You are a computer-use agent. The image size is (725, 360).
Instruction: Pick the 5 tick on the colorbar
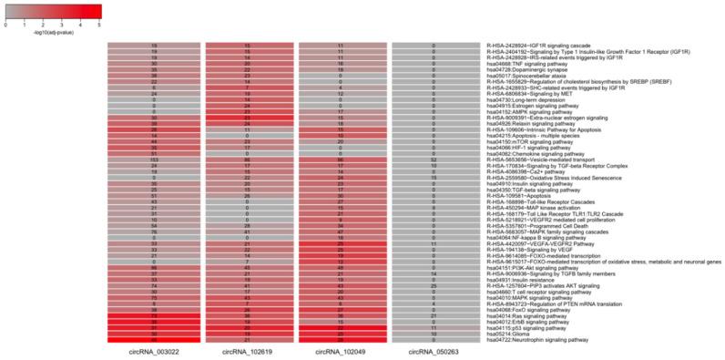[x=99, y=25]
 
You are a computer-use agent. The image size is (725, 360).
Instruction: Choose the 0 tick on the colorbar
[x=6, y=25]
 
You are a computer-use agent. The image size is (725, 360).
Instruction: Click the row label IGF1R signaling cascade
[x=533, y=44]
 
